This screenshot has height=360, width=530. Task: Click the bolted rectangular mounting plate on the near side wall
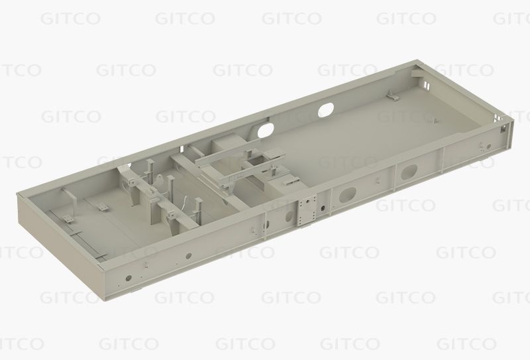pyautogui.click(x=307, y=210)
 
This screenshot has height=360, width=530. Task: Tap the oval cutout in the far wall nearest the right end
pyautogui.click(x=326, y=109)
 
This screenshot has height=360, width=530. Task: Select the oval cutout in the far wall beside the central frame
pyautogui.click(x=266, y=130)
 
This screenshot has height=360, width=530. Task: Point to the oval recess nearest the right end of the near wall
pyautogui.click(x=409, y=172)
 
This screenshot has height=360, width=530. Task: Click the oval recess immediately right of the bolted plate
pyautogui.click(x=347, y=195)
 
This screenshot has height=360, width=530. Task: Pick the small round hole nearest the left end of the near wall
pyautogui.click(x=129, y=278)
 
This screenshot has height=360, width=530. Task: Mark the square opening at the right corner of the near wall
pyautogui.click(x=503, y=129)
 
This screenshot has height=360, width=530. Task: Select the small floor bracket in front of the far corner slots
pyautogui.click(x=393, y=95)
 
